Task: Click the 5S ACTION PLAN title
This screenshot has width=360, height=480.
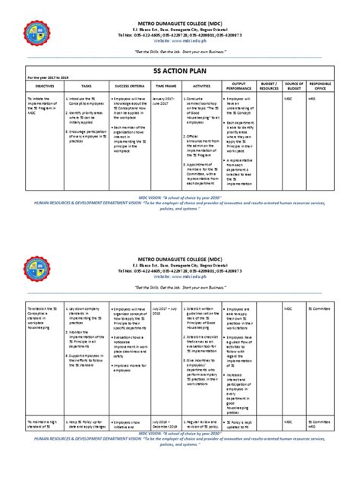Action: [x=179, y=68]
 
